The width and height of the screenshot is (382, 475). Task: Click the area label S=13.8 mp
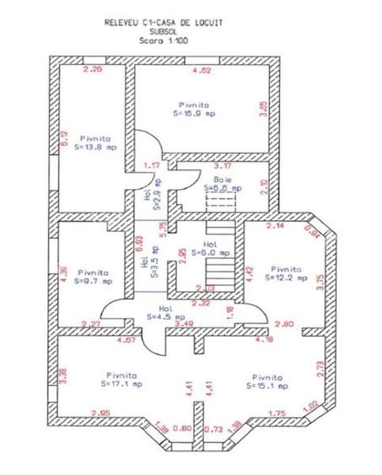pyautogui.click(x=98, y=147)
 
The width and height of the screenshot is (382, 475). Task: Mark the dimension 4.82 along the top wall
pyautogui.click(x=202, y=70)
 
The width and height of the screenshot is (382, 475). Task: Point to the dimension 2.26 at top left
pyautogui.click(x=95, y=70)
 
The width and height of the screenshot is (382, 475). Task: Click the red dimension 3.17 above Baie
pyautogui.click(x=223, y=165)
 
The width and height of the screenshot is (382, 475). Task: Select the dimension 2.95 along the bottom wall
pyautogui.click(x=100, y=413)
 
